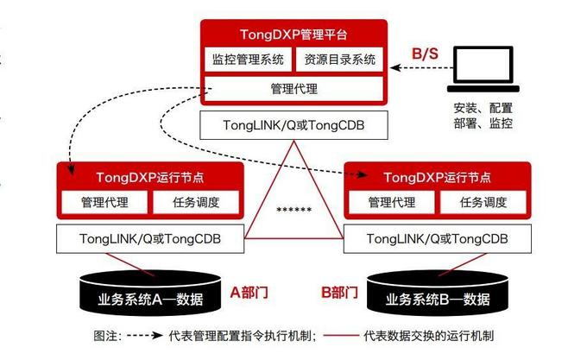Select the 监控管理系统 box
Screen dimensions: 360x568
coord(249,60)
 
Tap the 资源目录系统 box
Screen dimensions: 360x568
coord(339,60)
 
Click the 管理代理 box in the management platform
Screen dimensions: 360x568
coord(294,87)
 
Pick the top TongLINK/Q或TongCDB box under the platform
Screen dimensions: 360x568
coord(294,125)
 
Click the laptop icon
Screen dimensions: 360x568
coord(483,72)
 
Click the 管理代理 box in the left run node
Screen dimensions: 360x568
coord(102,203)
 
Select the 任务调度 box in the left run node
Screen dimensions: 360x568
coord(192,203)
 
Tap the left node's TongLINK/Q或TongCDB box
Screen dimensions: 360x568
coord(148,238)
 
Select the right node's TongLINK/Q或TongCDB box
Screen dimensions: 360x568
coord(437,238)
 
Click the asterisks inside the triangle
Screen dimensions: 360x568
coord(294,210)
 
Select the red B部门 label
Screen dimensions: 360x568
coord(339,293)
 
